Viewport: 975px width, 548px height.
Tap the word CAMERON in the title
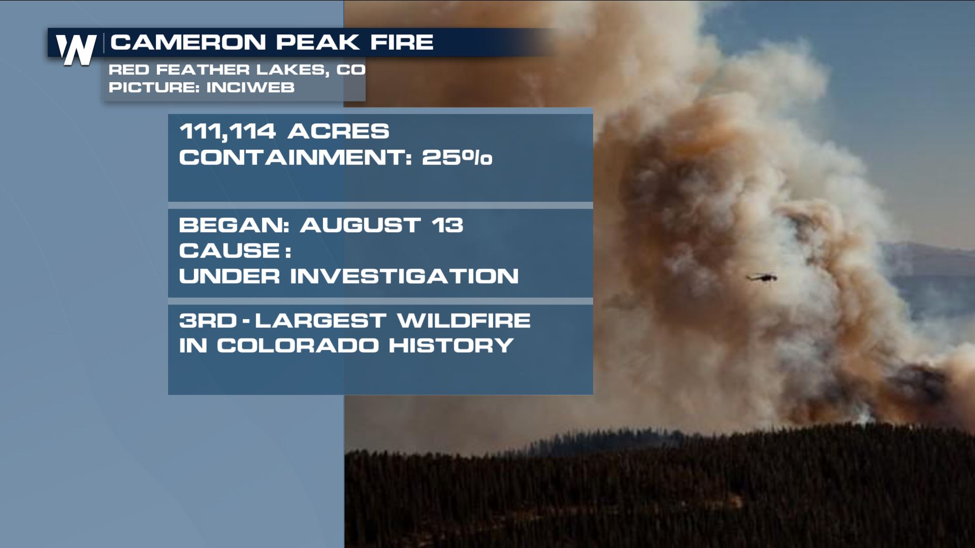[x=188, y=42]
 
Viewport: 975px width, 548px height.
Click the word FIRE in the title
[x=402, y=42]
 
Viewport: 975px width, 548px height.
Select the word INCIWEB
[x=250, y=87]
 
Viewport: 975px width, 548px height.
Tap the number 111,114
[x=227, y=132]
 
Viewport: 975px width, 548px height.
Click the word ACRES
[x=338, y=131]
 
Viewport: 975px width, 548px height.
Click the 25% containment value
[x=457, y=157]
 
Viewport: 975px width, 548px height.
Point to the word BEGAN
[x=234, y=225]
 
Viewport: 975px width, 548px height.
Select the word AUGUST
[x=360, y=225]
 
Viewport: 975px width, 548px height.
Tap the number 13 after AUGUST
[x=447, y=225]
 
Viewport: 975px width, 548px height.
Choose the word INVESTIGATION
[x=404, y=277]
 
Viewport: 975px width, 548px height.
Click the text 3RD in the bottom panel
[x=208, y=321]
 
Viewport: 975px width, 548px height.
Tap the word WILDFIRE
[x=464, y=321]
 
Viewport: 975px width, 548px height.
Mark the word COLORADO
[x=298, y=346]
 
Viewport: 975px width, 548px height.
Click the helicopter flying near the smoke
[x=762, y=277]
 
